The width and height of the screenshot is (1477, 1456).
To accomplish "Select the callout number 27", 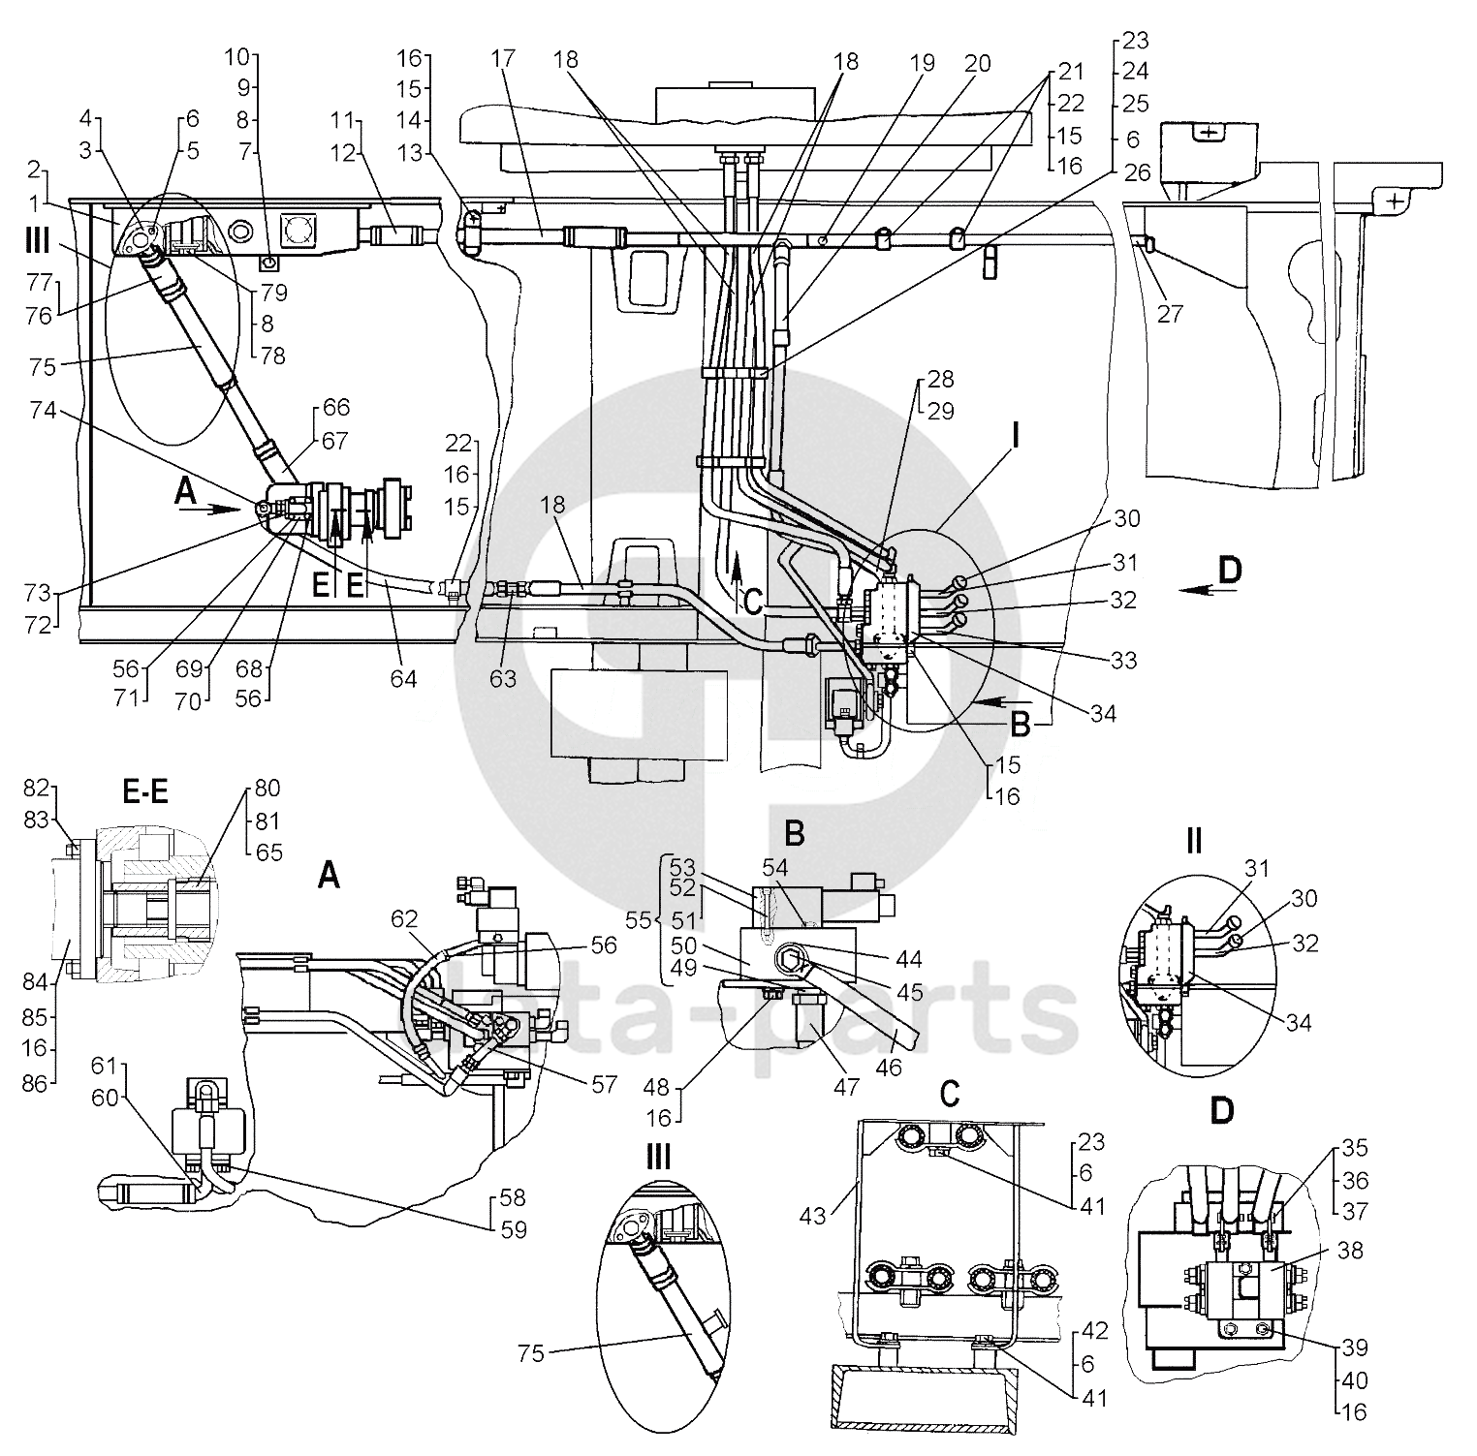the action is [1170, 314].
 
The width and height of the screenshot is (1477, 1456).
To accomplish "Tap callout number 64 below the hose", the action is [403, 678].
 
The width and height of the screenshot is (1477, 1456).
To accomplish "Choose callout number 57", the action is [604, 1084].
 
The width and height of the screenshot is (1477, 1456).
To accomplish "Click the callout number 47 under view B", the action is [846, 1087].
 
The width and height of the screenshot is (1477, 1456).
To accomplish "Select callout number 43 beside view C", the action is [813, 1213].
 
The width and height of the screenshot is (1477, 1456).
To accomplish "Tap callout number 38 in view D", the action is [1349, 1251].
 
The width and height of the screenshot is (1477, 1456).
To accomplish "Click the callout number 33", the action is [1123, 661].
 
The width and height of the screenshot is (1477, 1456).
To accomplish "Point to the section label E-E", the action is [145, 793].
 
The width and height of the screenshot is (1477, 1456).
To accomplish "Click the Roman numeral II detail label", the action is [1193, 841].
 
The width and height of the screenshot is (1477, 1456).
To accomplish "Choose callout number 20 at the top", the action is [977, 63].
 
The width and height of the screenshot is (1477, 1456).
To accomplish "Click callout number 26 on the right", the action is [1138, 173].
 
